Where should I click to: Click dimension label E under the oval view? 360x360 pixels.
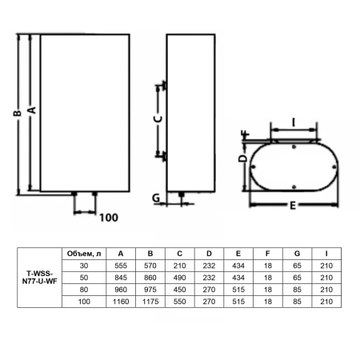(293, 206)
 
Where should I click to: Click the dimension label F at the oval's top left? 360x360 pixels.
(245, 134)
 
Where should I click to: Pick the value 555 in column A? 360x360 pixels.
(120, 266)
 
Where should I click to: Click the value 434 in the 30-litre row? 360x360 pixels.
(237, 266)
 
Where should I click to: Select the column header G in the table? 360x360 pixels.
(297, 254)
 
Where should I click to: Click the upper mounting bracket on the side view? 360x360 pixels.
(163, 86)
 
